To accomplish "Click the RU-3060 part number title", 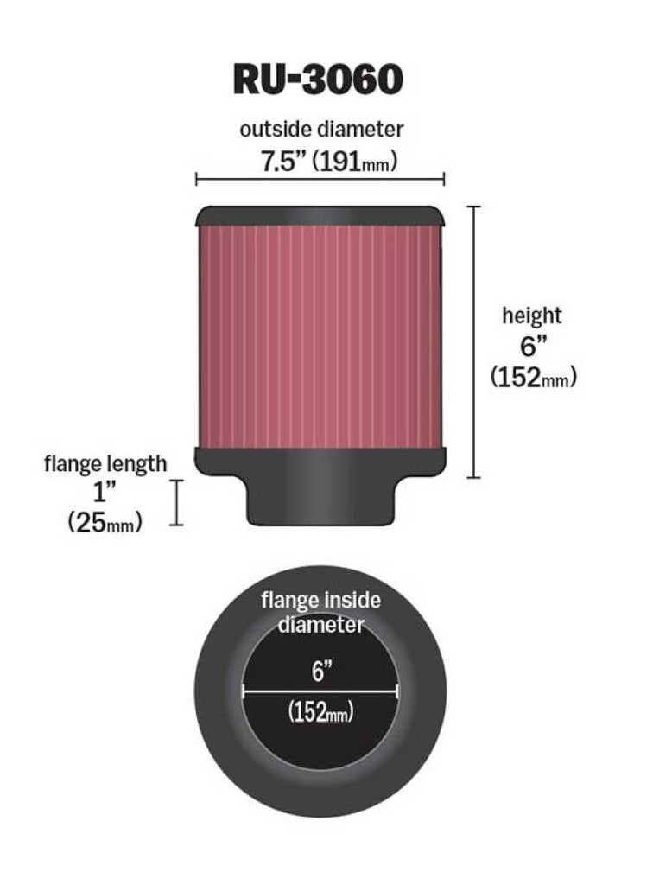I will (318, 79).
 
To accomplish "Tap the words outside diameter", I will (321, 130).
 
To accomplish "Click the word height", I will (532, 315).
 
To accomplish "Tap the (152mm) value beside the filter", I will (533, 378).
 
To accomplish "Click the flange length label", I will (105, 463).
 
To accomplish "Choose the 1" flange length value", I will (105, 493).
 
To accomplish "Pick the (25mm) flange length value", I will (105, 523).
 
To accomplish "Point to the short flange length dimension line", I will (177, 502).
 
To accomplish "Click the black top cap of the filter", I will (320, 215).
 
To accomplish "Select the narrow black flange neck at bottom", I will (320, 501).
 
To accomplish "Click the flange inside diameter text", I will (320, 611).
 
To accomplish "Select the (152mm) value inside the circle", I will (320, 714).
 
